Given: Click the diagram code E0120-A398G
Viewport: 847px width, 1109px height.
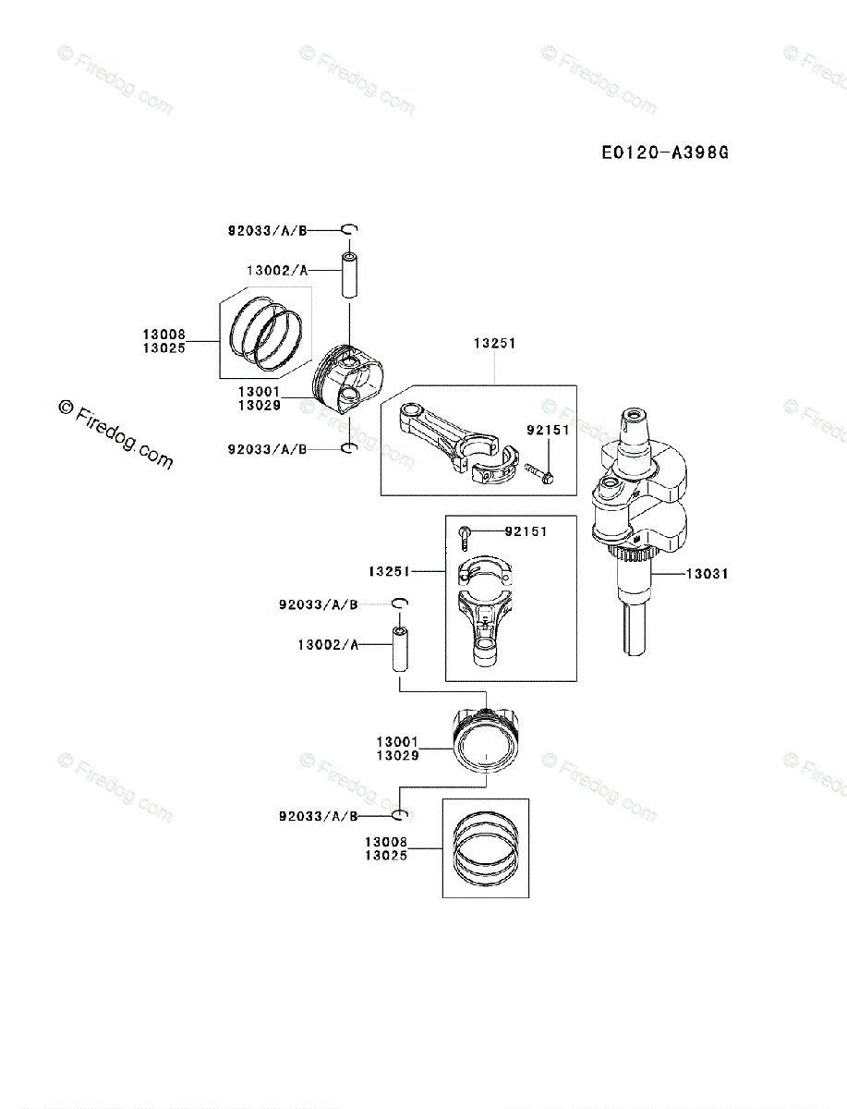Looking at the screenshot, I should click(665, 152).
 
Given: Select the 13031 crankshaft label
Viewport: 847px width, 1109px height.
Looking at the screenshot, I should click(707, 574).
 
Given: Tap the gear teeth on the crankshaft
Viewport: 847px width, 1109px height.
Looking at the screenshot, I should click(635, 555).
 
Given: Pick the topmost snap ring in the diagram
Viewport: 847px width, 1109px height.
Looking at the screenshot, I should click(350, 229).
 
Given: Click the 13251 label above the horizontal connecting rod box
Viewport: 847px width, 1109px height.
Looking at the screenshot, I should click(495, 343).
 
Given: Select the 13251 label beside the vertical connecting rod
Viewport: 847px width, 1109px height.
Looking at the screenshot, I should click(389, 572).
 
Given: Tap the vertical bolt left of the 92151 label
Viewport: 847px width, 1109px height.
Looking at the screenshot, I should click(465, 536).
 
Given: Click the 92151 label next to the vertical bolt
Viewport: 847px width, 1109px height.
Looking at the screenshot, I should click(526, 531).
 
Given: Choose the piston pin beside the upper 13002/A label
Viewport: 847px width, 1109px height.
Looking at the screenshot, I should click(350, 274).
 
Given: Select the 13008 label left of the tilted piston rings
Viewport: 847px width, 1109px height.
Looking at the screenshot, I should click(163, 335).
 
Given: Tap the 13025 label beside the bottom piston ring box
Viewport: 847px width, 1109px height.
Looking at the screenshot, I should click(385, 855).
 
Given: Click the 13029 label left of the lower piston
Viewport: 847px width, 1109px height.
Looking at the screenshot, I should click(398, 755).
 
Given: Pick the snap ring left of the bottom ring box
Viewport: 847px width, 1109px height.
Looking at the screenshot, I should click(398, 815).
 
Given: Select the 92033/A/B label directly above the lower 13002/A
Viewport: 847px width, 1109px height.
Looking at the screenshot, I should click(319, 605).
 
